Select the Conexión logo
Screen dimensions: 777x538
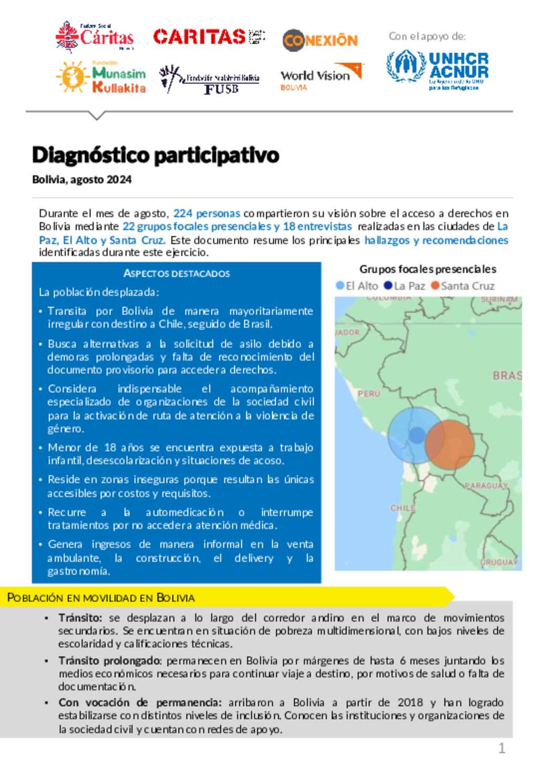pyautogui.click(x=320, y=40)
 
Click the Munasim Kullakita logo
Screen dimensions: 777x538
pyautogui.click(x=101, y=78)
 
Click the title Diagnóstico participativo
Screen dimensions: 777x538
pyautogui.click(x=156, y=155)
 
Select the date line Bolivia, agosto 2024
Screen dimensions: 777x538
pyautogui.click(x=82, y=180)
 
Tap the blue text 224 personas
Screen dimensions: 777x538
pyautogui.click(x=206, y=213)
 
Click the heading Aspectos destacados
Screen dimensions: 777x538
pyautogui.click(x=177, y=273)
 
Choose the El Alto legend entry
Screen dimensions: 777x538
pyautogui.click(x=357, y=286)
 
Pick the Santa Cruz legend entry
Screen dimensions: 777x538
pyautogui.click(x=463, y=286)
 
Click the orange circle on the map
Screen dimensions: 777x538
pyautogui.click(x=450, y=443)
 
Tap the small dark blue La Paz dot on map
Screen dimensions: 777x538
pyautogui.click(x=417, y=436)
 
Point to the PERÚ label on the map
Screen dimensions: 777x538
pyautogui.click(x=368, y=393)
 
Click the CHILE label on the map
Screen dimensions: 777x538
pyautogui.click(x=403, y=508)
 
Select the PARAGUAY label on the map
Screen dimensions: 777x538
pyautogui.click(x=486, y=485)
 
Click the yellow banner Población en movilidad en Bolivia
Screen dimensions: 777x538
pyautogui.click(x=101, y=598)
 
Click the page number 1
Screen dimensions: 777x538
pyautogui.click(x=501, y=748)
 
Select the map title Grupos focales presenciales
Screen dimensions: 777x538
pyautogui.click(x=428, y=269)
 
